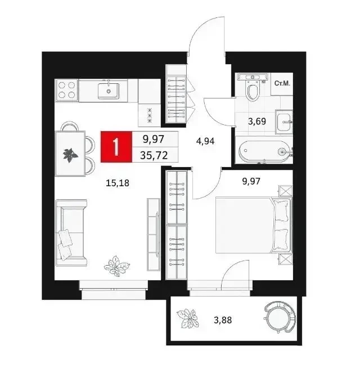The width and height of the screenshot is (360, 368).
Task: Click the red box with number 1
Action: tap(116, 147)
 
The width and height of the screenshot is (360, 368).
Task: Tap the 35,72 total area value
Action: tap(154, 155)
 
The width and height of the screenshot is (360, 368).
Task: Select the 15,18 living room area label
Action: tap(118, 182)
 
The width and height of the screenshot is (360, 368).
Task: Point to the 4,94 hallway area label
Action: tap(205, 141)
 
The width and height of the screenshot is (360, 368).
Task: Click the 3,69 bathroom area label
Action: tap(257, 122)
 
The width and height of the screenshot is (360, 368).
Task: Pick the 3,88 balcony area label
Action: tap(223, 320)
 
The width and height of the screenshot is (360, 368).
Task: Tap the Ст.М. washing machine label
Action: tap(282, 83)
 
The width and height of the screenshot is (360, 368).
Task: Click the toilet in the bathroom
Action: tap(253, 86)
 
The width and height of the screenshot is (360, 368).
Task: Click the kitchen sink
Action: tap(109, 91)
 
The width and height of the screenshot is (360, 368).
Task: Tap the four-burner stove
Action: tap(66, 90)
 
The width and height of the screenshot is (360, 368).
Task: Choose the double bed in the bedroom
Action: tap(254, 225)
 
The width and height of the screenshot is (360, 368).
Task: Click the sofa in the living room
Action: tap(71, 232)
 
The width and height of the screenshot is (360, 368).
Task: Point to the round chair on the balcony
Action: tap(279, 317)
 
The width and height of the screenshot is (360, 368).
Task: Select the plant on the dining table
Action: tap(70, 155)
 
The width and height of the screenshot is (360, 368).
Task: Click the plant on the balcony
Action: tap(187, 318)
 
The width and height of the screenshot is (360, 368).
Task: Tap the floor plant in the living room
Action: tap(116, 266)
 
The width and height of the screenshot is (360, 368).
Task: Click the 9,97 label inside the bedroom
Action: tap(251, 181)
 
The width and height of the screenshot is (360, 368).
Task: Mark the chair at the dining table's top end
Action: tap(70, 126)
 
